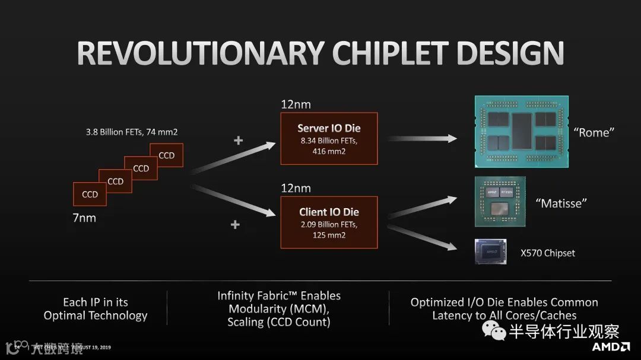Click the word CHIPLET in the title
389,53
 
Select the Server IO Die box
329,139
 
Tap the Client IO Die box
329,222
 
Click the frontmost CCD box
90,194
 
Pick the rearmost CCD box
167,155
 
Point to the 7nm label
84,218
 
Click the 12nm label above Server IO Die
296,105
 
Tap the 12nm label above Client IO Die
296,189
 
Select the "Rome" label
592,133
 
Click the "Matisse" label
561,203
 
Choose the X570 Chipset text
548,253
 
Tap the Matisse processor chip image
500,201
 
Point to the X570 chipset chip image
490,251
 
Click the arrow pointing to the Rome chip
423,138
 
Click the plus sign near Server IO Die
239,141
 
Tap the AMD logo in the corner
611,346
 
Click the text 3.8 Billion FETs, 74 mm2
133,132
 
